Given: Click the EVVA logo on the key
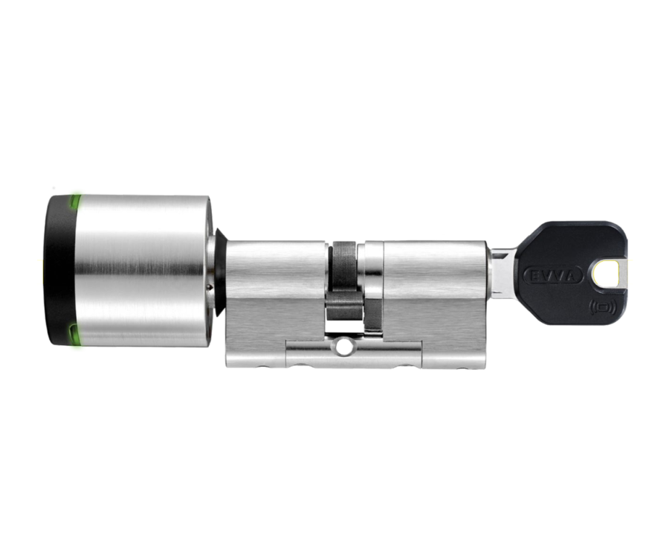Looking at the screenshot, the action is [x=553, y=276].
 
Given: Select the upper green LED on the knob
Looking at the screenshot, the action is [x=76, y=203].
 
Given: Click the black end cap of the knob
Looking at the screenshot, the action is [x=59, y=270].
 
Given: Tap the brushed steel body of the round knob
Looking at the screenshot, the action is [x=140, y=271].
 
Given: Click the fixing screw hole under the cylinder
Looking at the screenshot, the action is [x=342, y=347].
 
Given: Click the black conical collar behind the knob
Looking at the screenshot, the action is [x=220, y=272].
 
